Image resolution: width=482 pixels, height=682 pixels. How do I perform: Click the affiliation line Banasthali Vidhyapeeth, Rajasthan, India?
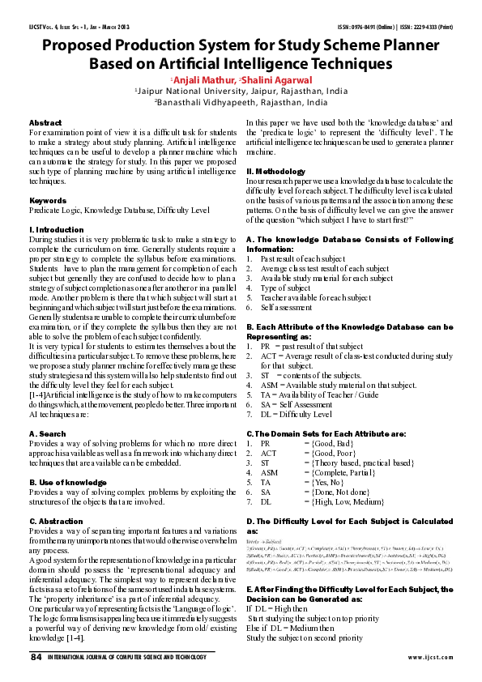coord(242,104)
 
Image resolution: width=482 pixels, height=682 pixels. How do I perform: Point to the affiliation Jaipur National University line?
coord(242,92)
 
